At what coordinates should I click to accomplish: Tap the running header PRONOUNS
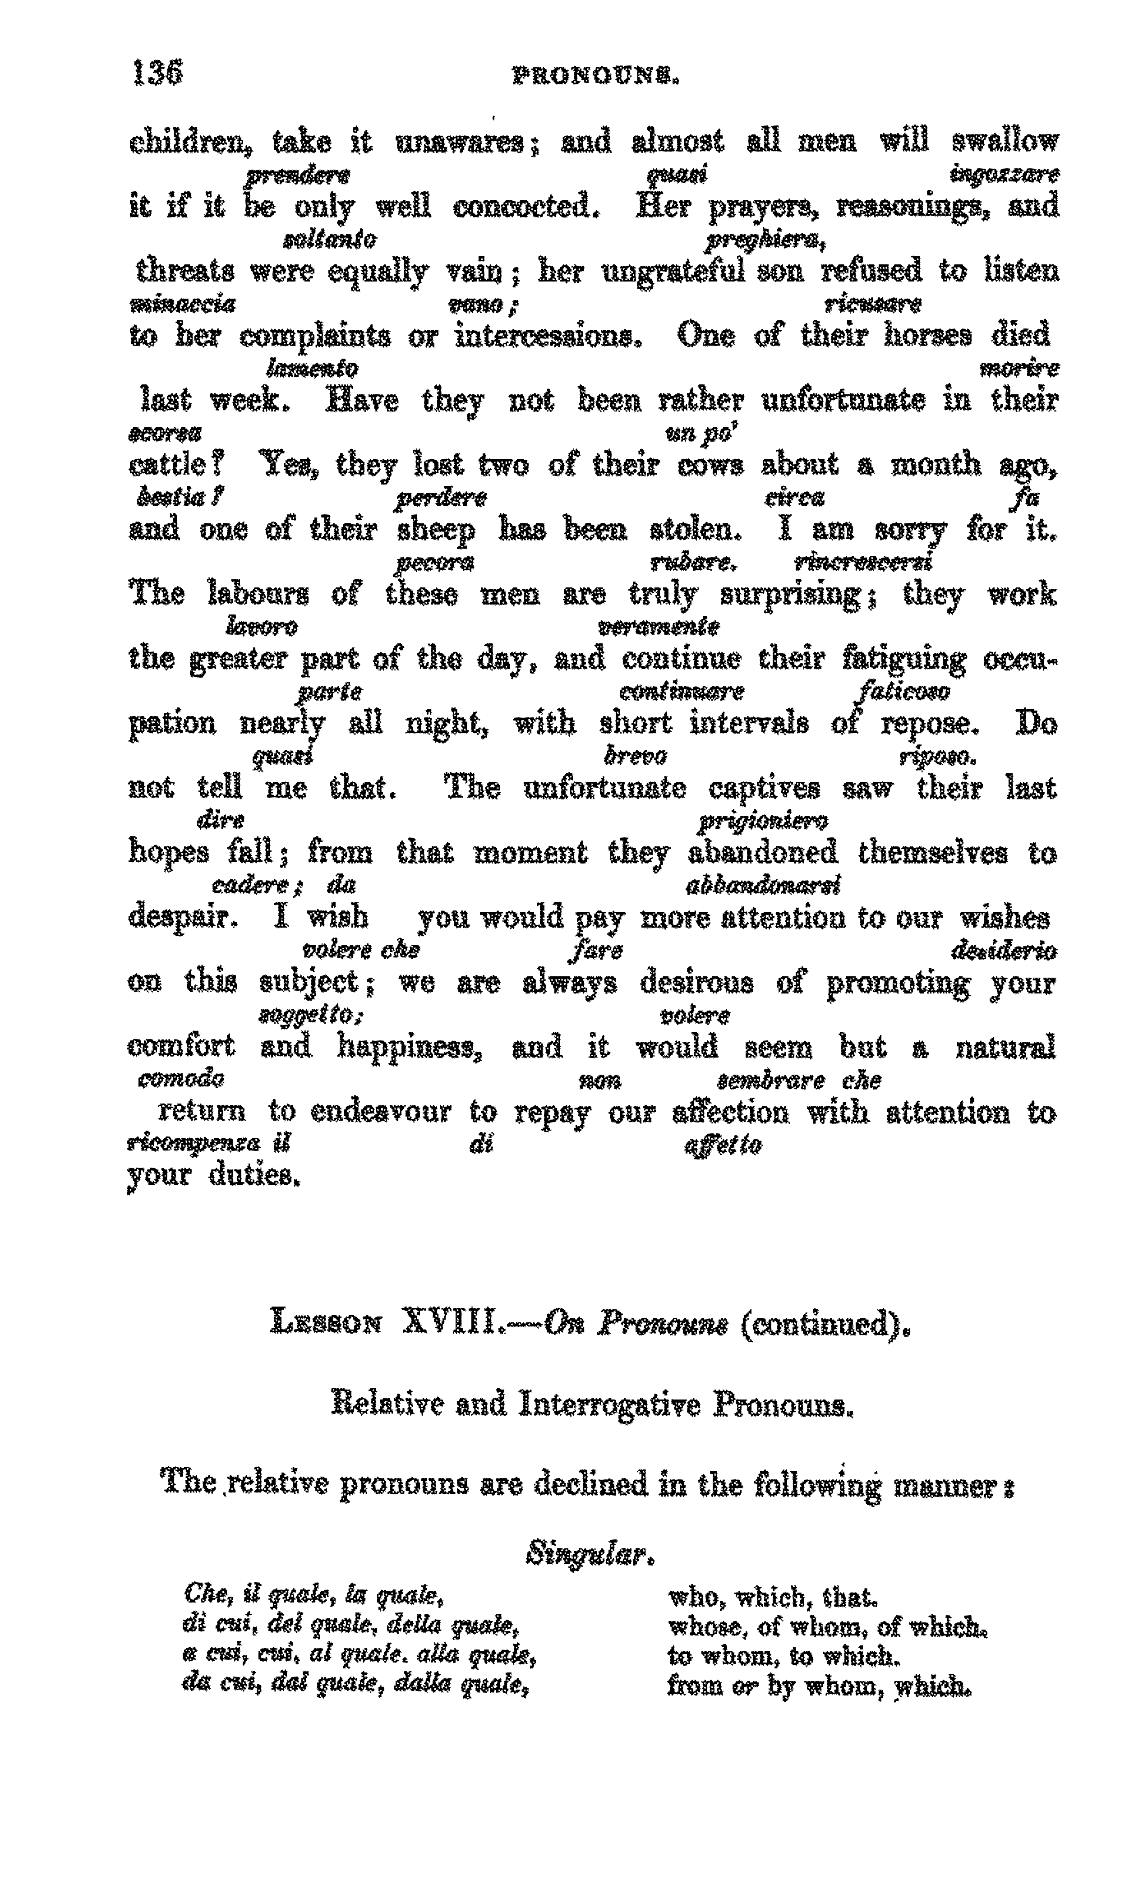595,76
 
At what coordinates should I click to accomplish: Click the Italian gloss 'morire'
1019,370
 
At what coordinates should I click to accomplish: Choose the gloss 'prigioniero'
763,821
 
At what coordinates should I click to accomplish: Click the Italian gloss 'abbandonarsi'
763,885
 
